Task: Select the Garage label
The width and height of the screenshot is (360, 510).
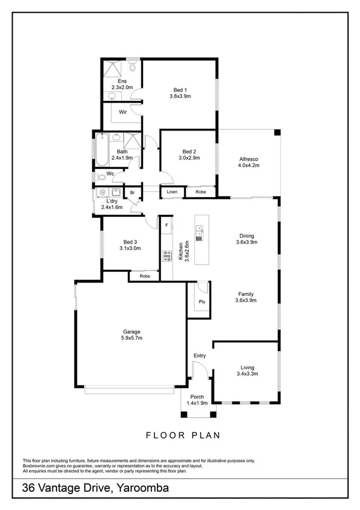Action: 132,331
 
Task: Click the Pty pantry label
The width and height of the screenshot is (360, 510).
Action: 202,302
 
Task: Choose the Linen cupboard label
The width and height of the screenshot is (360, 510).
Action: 172,192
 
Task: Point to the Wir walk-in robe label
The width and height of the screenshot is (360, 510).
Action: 122,112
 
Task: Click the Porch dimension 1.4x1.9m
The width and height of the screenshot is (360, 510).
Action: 197,403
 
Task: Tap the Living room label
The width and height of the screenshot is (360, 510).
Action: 247,367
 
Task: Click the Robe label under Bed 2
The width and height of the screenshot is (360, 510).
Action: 200,192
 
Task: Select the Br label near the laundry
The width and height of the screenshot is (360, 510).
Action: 132,192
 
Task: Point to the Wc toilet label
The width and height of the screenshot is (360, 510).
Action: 110,174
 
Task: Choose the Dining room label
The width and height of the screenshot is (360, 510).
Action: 246,236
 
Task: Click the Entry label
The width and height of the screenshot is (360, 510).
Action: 200,356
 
